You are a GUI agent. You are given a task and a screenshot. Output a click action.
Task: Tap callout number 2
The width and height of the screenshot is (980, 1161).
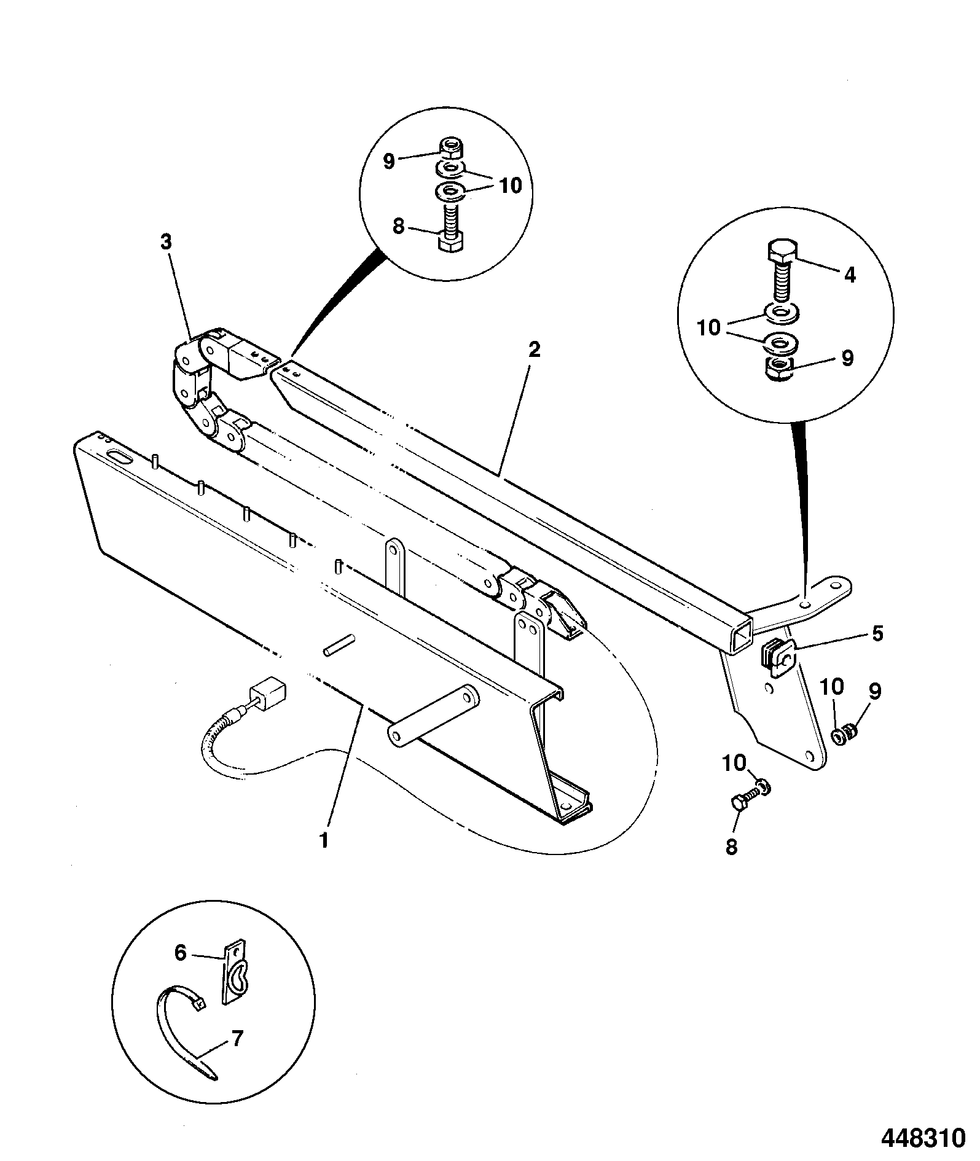pos(534,350)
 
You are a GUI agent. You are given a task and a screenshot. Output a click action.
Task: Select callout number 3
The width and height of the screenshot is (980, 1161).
pos(166,242)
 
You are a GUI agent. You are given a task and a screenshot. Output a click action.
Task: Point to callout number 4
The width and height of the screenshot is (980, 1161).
pos(850,275)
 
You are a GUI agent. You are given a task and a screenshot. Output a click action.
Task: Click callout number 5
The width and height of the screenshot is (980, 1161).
pos(877,633)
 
